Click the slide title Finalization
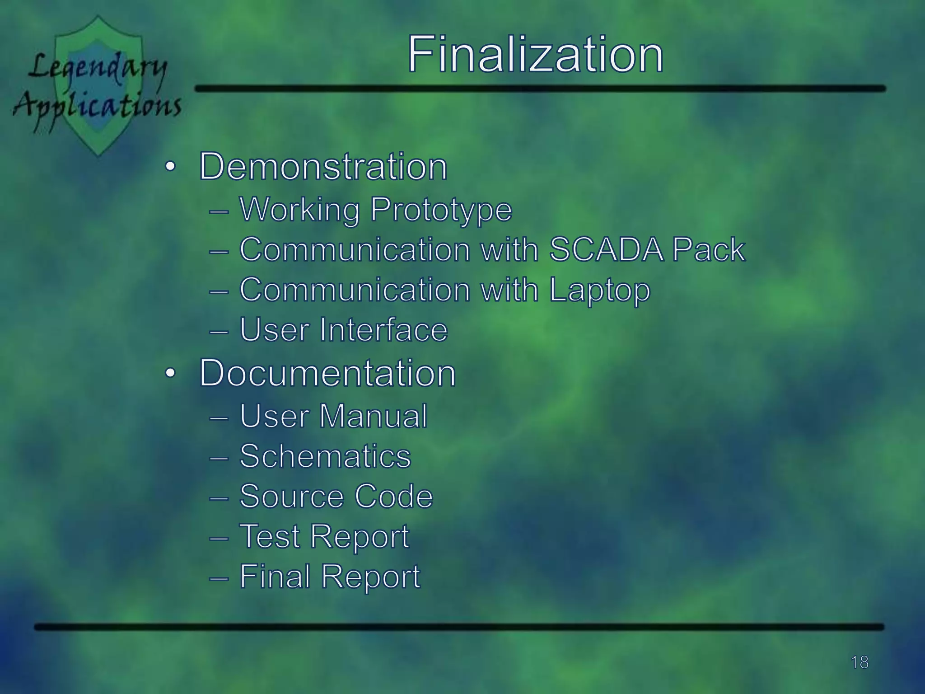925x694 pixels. point(535,55)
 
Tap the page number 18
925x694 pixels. point(860,662)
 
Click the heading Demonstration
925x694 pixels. point(323,166)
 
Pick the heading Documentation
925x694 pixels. point(327,373)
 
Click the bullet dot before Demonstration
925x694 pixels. point(169,167)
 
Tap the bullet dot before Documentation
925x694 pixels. point(169,374)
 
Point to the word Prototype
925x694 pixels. point(441,210)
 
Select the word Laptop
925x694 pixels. point(599,290)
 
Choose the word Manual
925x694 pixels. point(373,416)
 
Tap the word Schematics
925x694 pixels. point(325,456)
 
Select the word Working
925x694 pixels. point(299,210)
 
